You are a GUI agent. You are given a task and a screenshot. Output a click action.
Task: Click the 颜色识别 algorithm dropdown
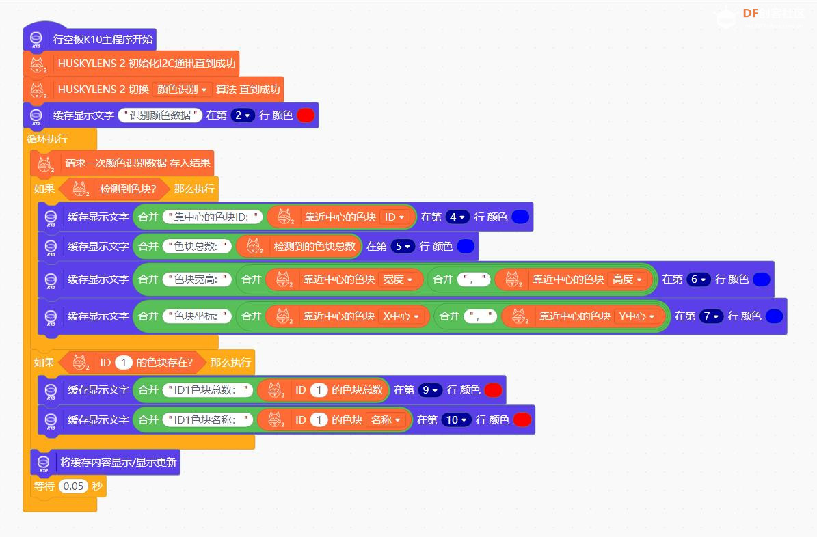pyautogui.click(x=181, y=89)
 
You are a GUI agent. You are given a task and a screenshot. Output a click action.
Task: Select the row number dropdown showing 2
pyautogui.click(x=243, y=115)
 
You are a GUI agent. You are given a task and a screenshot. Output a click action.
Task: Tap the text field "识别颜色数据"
pyautogui.click(x=161, y=115)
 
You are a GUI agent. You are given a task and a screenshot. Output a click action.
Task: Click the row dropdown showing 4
pyautogui.click(x=457, y=217)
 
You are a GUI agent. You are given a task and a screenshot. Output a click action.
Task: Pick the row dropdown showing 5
pyautogui.click(x=403, y=246)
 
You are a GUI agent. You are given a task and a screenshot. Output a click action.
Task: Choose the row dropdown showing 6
pyautogui.click(x=699, y=279)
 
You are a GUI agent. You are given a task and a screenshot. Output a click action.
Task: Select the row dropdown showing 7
pyautogui.click(x=711, y=316)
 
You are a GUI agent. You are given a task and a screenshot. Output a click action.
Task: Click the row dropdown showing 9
pyautogui.click(x=430, y=389)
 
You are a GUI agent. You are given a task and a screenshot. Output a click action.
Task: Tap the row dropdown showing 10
pyautogui.click(x=456, y=419)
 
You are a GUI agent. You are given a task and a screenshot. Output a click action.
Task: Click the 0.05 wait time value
pyautogui.click(x=72, y=486)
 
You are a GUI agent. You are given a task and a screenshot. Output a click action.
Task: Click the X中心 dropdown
pyautogui.click(x=401, y=316)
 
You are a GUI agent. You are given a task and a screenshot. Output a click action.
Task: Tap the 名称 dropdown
pyautogui.click(x=386, y=419)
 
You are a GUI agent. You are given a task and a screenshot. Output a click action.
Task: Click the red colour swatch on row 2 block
pyautogui.click(x=306, y=115)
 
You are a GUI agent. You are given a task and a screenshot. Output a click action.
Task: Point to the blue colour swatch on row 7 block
pyautogui.click(x=774, y=316)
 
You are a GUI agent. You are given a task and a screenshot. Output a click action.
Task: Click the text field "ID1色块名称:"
pyautogui.click(x=207, y=419)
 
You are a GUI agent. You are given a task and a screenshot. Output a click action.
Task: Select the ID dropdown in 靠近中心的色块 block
pyautogui.click(x=395, y=217)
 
